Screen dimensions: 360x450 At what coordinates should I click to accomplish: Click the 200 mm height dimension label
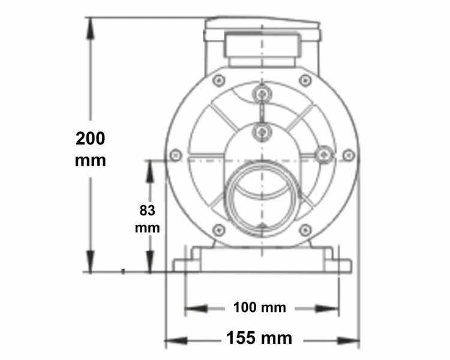91,149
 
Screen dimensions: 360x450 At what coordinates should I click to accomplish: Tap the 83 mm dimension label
147,219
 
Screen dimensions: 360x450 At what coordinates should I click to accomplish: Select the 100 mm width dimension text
259,308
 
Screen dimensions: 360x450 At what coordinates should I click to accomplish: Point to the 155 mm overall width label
259,338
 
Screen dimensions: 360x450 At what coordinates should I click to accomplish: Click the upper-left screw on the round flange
219,80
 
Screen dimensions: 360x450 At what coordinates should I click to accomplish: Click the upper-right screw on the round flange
305,80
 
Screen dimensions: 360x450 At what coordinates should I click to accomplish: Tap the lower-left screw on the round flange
219,229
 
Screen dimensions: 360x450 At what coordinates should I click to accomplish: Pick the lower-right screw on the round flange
305,229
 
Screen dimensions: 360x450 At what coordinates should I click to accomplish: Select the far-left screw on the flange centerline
176,155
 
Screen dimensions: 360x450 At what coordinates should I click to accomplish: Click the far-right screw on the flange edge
349,155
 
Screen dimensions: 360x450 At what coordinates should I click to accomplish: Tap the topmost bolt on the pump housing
262,94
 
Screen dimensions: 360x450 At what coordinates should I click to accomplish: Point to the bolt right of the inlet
324,154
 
